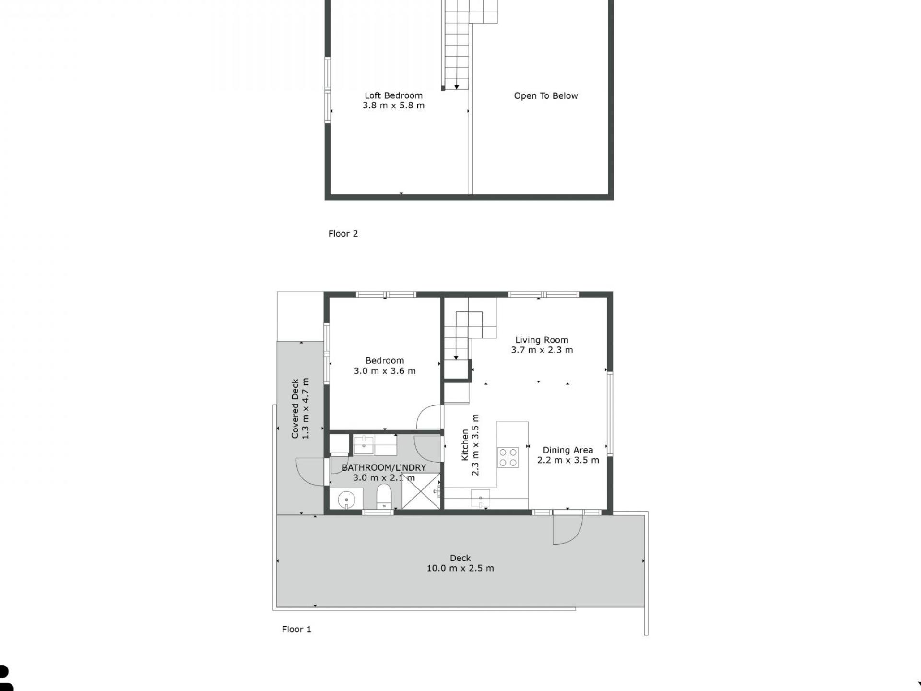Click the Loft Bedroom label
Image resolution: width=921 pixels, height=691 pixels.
[393, 95]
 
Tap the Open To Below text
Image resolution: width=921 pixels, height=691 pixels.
[546, 96]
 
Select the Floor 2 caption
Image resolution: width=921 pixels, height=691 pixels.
[343, 234]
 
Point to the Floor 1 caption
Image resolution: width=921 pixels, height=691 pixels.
[296, 629]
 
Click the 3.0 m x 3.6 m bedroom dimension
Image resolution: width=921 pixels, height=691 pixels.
[385, 371]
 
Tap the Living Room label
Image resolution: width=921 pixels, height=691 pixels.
[542, 340]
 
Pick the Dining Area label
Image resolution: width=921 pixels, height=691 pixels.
[567, 450]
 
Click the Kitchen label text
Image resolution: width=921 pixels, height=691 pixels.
[465, 445]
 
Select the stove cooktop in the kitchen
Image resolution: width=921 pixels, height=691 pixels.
[508, 457]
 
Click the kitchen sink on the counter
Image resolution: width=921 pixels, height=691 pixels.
[481, 498]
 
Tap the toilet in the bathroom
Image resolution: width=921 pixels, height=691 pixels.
[384, 496]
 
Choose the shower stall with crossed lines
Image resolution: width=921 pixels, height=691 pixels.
[421, 490]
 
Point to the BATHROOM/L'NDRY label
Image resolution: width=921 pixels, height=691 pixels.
[384, 467]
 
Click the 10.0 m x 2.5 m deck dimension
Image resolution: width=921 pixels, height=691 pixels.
[460, 568]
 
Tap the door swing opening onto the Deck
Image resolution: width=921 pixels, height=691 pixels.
[567, 530]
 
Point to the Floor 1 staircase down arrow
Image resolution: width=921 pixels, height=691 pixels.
[456, 357]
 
